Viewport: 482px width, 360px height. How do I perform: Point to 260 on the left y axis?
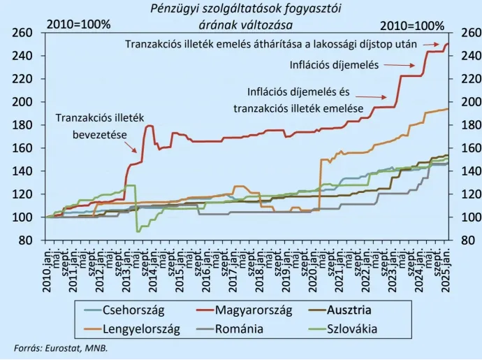click(x=23, y=33)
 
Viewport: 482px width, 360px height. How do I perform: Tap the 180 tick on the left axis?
click(x=23, y=125)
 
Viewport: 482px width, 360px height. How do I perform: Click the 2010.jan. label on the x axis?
click(x=48, y=268)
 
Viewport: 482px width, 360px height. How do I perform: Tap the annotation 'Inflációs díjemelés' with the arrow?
click(x=334, y=65)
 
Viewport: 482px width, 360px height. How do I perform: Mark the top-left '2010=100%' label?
click(x=78, y=24)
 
